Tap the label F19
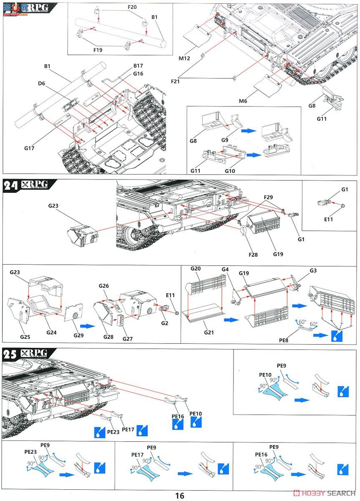click(x=98, y=50)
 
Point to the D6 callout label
click(x=41, y=84)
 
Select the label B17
click(x=138, y=66)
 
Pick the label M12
click(x=184, y=58)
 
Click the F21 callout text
click(x=175, y=81)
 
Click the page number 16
click(x=179, y=496)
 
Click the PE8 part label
click(x=284, y=341)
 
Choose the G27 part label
click(x=128, y=339)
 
